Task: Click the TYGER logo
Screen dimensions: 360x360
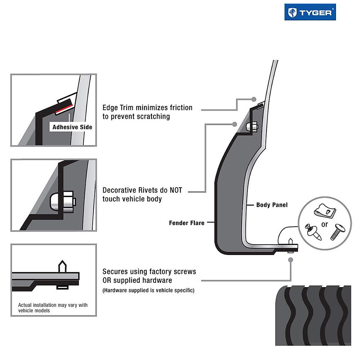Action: pyautogui.click(x=310, y=12)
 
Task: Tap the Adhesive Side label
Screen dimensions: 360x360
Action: pyautogui.click(x=72, y=127)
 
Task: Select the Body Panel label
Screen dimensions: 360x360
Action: pyautogui.click(x=271, y=205)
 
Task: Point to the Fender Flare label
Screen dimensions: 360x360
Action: pyautogui.click(x=186, y=223)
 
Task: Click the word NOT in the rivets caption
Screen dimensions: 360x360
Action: pyautogui.click(x=176, y=190)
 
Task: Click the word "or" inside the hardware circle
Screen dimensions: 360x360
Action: pyautogui.click(x=325, y=224)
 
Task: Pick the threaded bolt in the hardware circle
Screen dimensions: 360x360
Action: pyautogui.click(x=338, y=232)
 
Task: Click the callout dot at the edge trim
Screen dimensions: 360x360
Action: pyautogui.click(x=254, y=99)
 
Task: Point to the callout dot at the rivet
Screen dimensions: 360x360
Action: pyautogui.click(x=235, y=124)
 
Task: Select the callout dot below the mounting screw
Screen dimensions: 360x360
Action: pyautogui.click(x=290, y=260)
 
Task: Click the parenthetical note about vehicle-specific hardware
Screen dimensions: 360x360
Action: pyautogui.click(x=148, y=290)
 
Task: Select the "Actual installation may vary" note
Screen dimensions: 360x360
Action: pyautogui.click(x=53, y=308)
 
